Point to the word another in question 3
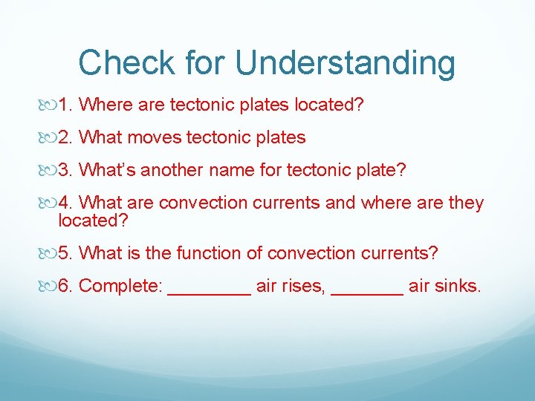[175, 170]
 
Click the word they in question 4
[464, 203]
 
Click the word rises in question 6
[302, 286]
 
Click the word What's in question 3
[107, 170]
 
